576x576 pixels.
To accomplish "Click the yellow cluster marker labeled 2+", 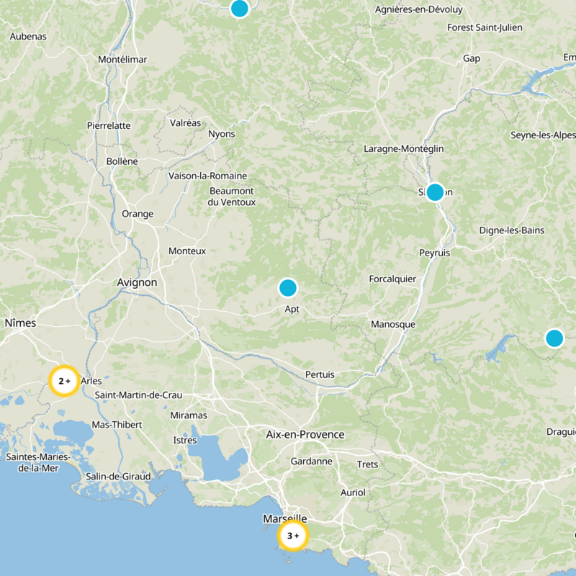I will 64,381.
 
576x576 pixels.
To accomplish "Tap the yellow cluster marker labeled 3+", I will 293,536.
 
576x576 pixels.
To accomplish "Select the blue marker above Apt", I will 288,288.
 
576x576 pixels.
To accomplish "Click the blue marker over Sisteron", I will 435,192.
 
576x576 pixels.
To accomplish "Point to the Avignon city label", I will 137,283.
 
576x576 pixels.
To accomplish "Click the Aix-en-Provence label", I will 305,435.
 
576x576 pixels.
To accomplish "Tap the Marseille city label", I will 285,518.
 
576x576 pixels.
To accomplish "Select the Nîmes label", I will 20,323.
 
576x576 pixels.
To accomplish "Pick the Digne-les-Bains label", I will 512,230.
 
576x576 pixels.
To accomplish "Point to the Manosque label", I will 393,325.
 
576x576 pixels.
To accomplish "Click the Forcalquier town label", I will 392,279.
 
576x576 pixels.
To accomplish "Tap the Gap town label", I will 472,58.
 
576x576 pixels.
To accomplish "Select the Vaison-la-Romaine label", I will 207,176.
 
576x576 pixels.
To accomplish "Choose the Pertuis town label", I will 320,374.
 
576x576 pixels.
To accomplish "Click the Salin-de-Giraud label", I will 118,476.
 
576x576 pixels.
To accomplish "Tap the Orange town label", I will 138,214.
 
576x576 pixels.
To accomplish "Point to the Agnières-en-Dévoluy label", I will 420,9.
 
